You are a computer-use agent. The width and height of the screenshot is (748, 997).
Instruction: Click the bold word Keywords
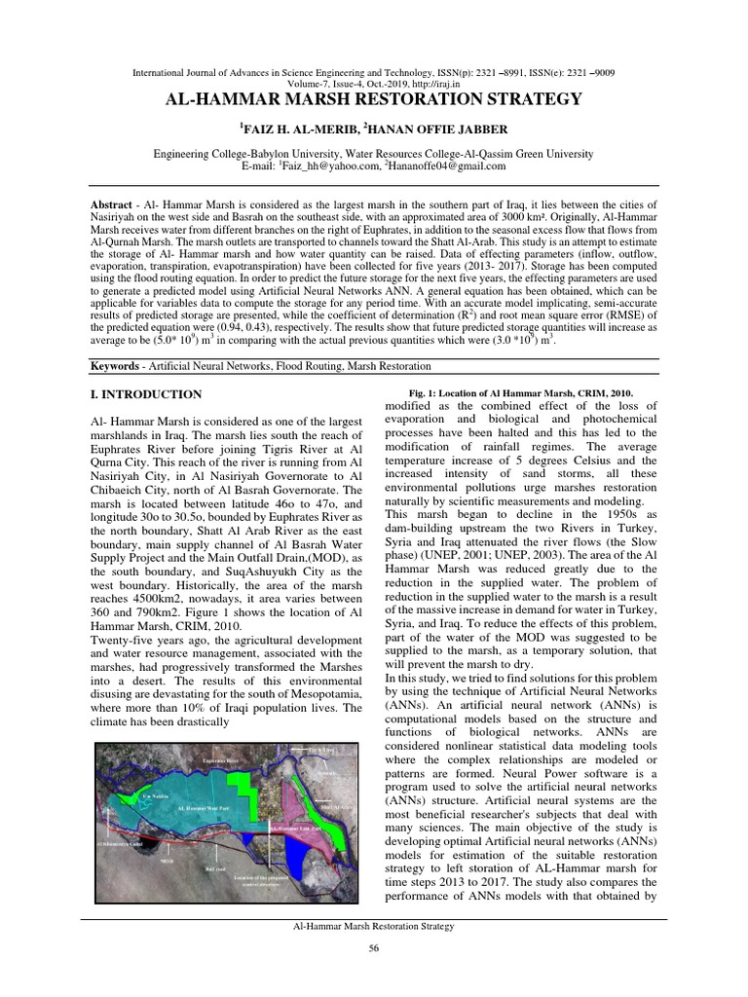pos(113,365)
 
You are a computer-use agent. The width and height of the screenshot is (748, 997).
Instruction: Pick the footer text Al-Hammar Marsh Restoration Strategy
pos(373,927)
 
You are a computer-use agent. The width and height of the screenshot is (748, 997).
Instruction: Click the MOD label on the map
pos(168,861)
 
